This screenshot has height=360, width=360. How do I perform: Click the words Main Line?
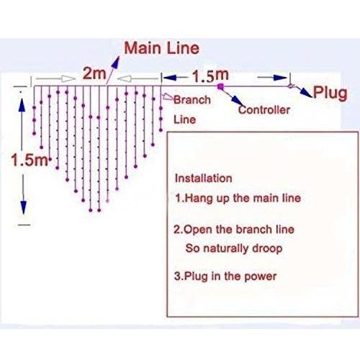(x=162, y=48)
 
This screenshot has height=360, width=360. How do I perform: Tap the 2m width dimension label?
(x=94, y=73)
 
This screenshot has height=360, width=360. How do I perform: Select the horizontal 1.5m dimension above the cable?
(x=210, y=76)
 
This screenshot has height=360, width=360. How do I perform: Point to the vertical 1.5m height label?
(x=30, y=160)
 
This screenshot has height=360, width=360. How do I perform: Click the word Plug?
(x=330, y=93)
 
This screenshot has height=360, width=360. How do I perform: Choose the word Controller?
(x=264, y=110)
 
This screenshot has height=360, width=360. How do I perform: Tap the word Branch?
(x=192, y=100)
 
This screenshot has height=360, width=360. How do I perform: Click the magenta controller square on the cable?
(x=220, y=86)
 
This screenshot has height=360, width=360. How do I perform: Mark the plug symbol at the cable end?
(x=291, y=86)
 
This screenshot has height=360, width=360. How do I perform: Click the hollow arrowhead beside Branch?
(x=168, y=97)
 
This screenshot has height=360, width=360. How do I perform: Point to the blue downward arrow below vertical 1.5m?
(x=23, y=207)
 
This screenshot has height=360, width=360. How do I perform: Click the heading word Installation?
(x=204, y=179)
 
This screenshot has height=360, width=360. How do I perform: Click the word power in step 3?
(x=260, y=276)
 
